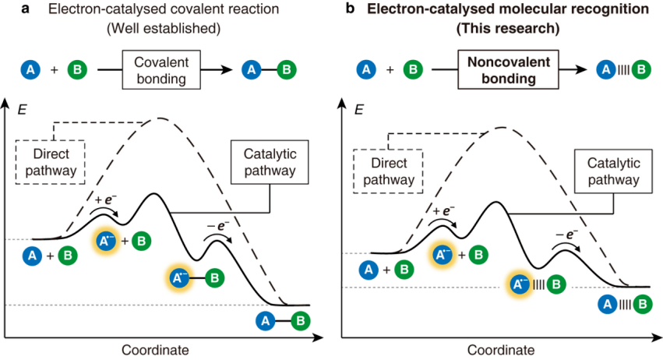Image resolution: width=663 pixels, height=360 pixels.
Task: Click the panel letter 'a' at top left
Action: [26, 9]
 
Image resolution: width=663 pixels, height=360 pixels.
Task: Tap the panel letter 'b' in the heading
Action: [350, 8]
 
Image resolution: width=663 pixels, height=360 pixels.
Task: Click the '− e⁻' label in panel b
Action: [566, 234]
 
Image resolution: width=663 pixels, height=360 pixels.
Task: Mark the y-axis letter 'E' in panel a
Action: [22, 110]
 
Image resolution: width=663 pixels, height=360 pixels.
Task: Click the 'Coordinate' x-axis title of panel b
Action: [501, 350]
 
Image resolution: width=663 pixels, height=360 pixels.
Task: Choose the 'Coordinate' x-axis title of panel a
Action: [155, 350]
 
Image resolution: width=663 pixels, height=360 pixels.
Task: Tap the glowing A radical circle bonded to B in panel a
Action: [180, 278]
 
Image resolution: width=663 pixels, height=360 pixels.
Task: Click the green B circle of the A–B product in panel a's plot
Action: [300, 321]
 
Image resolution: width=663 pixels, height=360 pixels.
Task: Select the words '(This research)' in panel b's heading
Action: [508, 28]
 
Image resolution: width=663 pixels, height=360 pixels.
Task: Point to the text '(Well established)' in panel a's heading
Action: [164, 28]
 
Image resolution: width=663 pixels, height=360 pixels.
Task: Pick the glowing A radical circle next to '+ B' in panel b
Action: [443, 255]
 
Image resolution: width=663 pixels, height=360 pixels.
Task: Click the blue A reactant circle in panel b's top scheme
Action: [366, 69]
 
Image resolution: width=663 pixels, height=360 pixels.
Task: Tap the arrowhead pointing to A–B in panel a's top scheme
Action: [228, 69]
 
